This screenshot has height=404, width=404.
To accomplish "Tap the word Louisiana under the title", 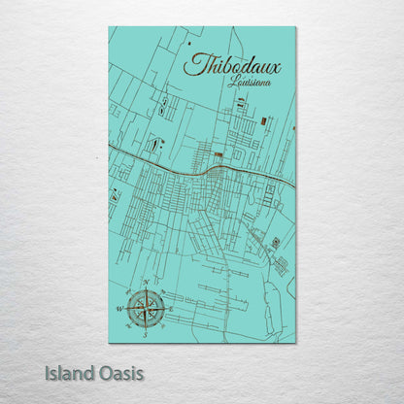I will click(250, 83).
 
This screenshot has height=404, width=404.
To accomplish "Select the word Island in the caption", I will click(71, 373).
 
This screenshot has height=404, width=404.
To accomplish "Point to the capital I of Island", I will click(48, 373).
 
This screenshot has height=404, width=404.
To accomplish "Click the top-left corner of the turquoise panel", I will click(109, 27).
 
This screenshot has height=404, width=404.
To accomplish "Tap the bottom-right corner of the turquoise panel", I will click(295, 342).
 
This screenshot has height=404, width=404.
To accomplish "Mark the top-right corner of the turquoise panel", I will click(295, 27).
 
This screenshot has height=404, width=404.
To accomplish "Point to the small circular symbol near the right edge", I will click(276, 242).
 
